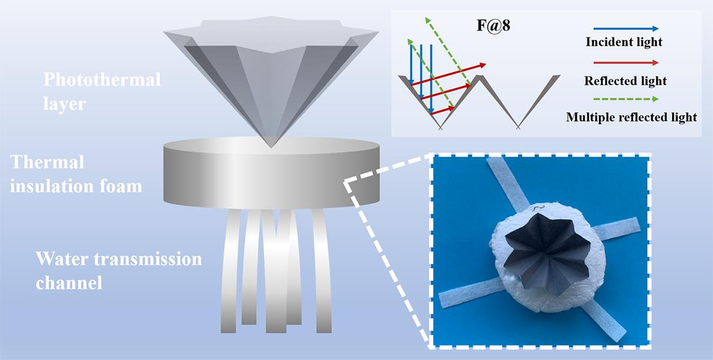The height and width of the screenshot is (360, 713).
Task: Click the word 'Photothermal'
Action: point(103,79)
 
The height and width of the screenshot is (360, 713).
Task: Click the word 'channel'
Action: point(69,282)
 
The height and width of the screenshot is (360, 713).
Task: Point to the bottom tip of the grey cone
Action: point(271,146)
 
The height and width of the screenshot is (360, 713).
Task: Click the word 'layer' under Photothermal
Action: point(64,103)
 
